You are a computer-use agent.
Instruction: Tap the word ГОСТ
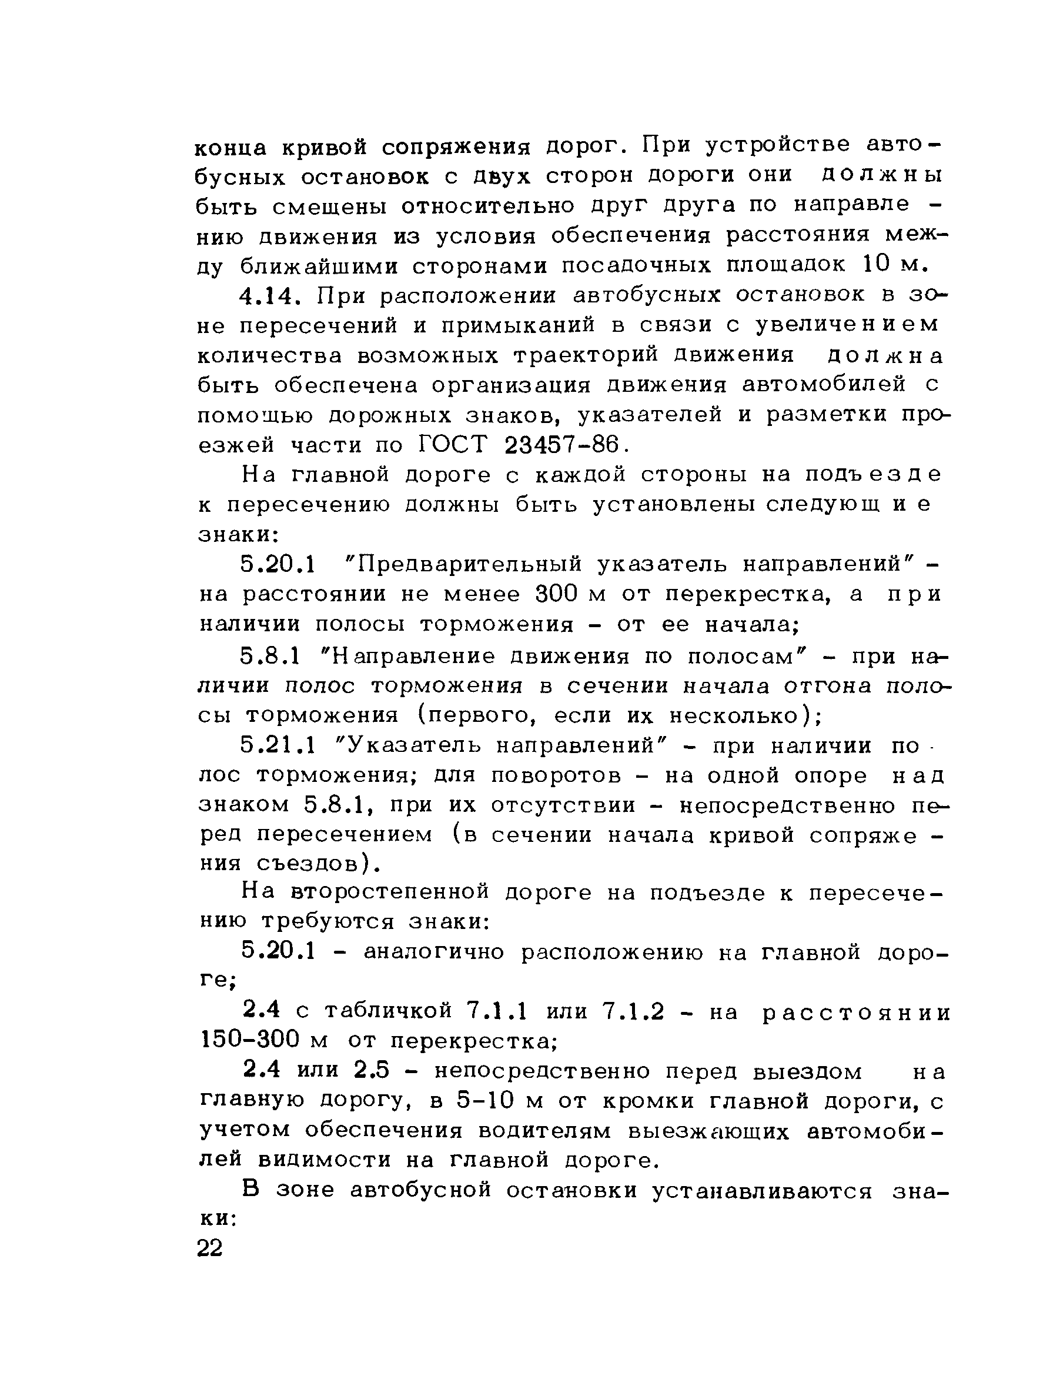point(452,445)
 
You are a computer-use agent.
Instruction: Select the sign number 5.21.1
point(277,746)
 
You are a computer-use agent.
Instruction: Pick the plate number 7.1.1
point(497,1011)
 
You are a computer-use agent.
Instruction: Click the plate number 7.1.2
point(633,1011)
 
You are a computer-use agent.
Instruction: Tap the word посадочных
point(636,265)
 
